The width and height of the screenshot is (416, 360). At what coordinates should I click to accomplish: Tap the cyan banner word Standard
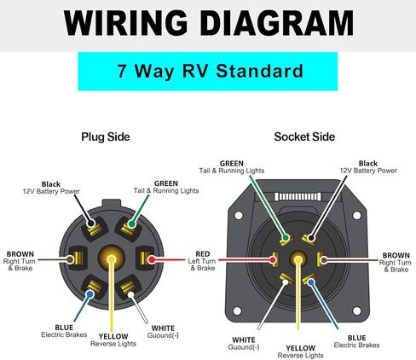[x=260, y=71]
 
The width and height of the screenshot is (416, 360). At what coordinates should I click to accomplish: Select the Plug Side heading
[x=106, y=136]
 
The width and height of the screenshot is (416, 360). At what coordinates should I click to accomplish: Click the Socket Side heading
[x=304, y=136]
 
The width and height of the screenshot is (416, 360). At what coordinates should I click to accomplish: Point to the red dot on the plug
[x=152, y=259]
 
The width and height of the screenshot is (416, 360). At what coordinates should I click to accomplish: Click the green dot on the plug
[x=131, y=224]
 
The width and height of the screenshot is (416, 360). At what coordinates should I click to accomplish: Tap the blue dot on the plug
[x=90, y=294]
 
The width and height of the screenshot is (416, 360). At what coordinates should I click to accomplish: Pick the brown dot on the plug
[x=70, y=259]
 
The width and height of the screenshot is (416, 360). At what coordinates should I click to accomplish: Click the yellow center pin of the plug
[x=112, y=259]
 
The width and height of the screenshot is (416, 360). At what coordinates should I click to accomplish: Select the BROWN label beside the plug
[x=20, y=254]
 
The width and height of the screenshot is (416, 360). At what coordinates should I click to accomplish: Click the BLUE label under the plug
[x=64, y=328]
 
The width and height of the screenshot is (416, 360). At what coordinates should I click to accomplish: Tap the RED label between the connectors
[x=203, y=254]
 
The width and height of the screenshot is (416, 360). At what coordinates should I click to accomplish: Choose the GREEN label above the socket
[x=232, y=164]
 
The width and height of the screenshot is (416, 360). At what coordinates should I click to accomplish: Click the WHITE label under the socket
[x=244, y=340]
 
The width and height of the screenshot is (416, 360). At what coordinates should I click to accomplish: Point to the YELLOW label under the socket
[x=300, y=348]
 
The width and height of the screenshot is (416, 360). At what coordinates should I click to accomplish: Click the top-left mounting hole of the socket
[x=239, y=215]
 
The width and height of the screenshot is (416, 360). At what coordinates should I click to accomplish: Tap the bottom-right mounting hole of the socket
[x=356, y=311]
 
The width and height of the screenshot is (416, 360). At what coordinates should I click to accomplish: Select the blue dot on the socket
[x=311, y=282]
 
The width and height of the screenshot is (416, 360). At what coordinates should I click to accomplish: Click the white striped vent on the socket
[x=298, y=196]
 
